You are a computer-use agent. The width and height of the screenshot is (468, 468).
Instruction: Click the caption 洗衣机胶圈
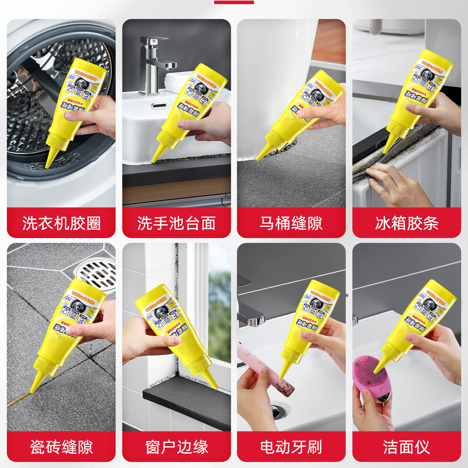[x=61, y=223]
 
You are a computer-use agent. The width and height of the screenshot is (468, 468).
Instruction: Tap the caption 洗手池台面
[x=176, y=223]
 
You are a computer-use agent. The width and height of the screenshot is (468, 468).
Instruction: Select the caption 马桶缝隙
[x=291, y=223]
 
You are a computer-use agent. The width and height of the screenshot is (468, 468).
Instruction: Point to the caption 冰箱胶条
[x=407, y=223]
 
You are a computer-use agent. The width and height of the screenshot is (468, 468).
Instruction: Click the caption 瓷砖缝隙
[x=61, y=447]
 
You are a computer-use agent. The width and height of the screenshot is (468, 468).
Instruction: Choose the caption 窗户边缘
[x=176, y=447]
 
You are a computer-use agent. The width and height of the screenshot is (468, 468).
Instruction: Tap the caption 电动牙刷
[x=291, y=447]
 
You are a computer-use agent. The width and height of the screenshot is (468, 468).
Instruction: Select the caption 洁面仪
[x=407, y=447]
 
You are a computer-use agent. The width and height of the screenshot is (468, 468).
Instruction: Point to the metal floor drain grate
[x=97, y=273]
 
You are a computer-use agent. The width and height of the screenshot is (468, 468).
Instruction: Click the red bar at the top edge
[x=234, y=2]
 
